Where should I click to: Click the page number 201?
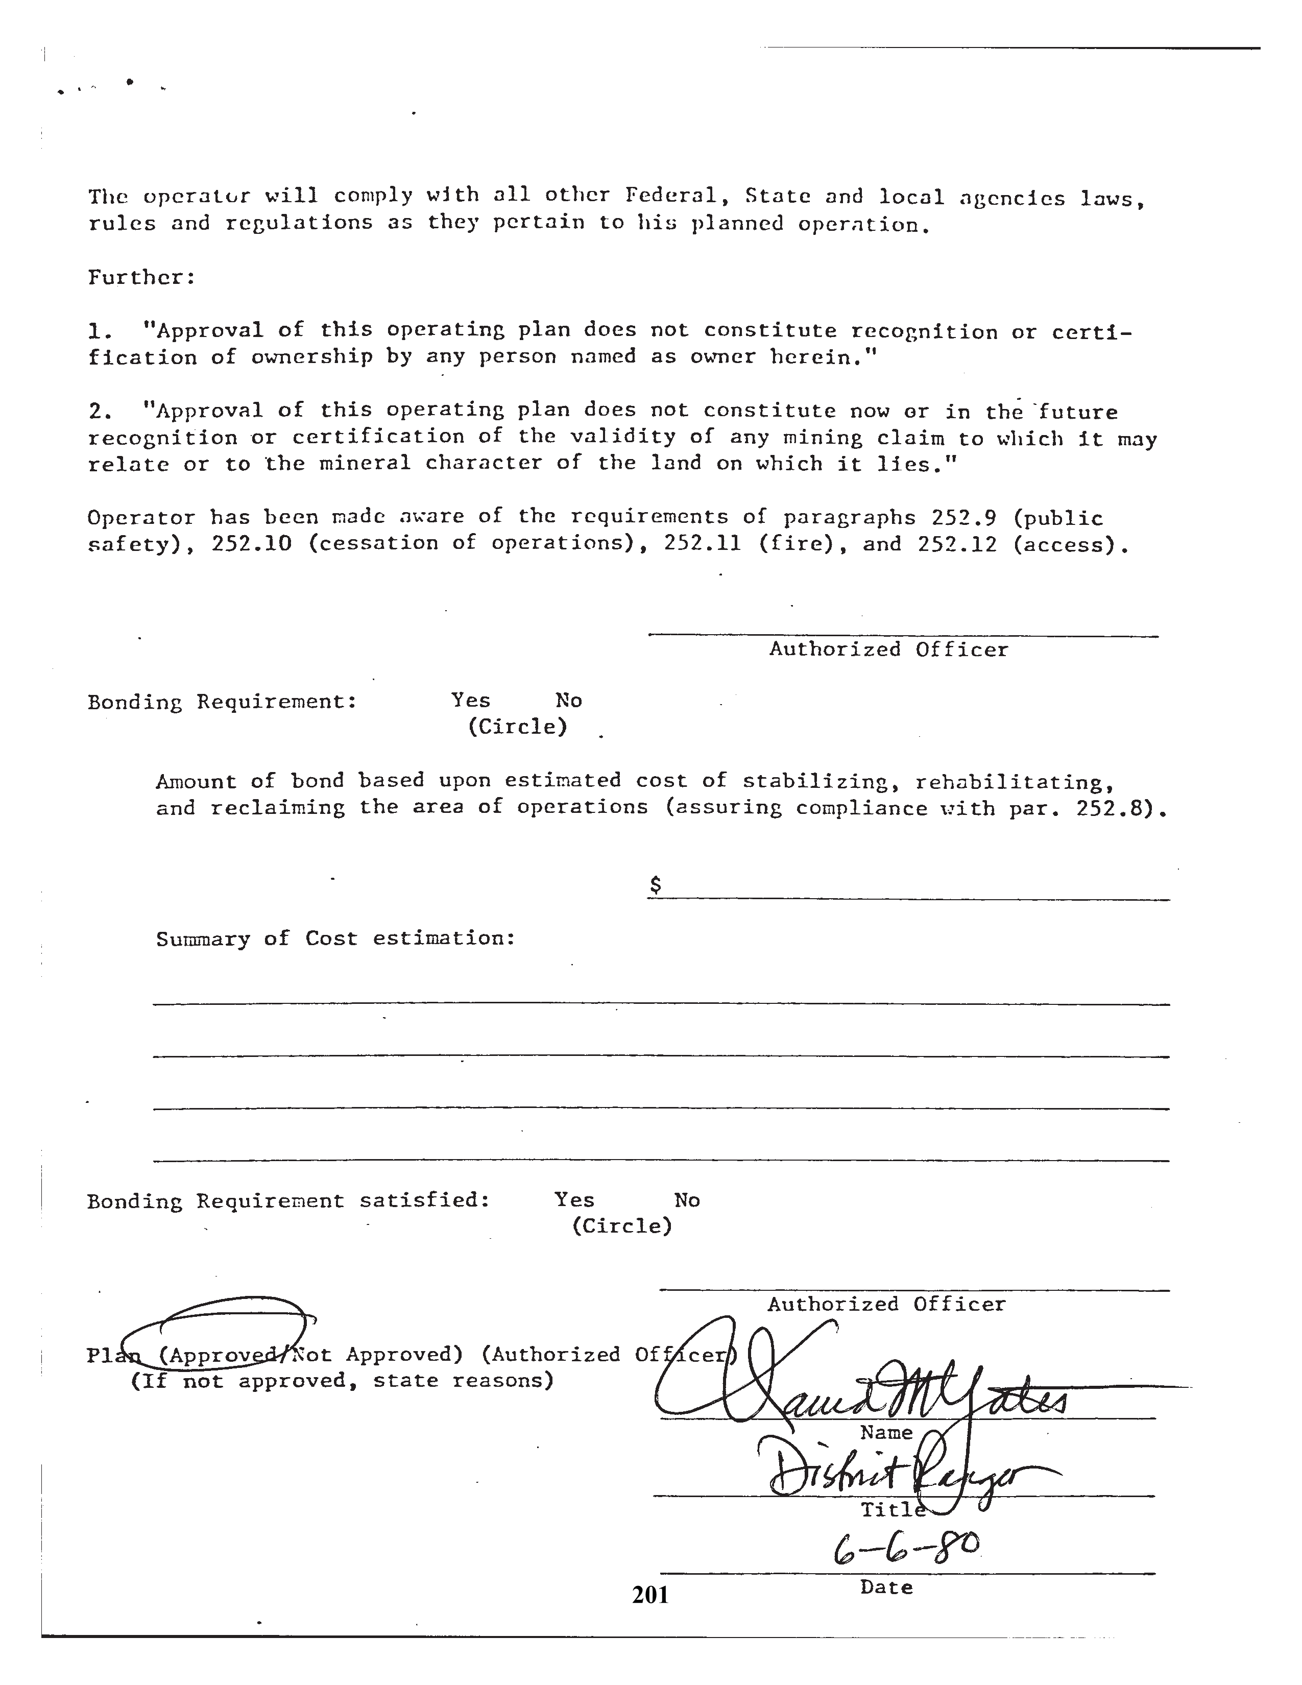pyautogui.click(x=650, y=1594)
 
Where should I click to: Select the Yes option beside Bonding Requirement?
pyautogui.click(x=471, y=701)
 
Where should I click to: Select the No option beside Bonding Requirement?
pyautogui.click(x=568, y=701)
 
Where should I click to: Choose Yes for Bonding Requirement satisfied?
pyautogui.click(x=574, y=1200)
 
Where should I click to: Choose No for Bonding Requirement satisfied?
pyautogui.click(x=686, y=1200)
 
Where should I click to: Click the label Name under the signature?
pyautogui.click(x=886, y=1433)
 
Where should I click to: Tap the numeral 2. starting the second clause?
pyautogui.click(x=100, y=411)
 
